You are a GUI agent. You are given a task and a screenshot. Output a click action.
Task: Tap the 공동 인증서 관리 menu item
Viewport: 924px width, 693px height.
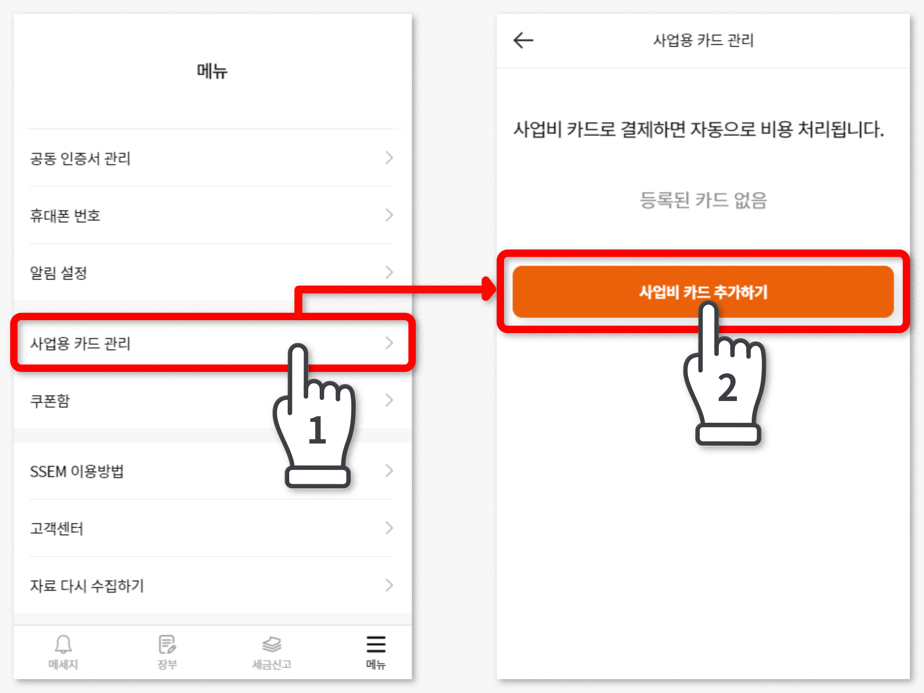pos(80,158)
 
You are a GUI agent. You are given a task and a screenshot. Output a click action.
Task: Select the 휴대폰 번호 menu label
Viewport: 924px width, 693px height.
pos(65,216)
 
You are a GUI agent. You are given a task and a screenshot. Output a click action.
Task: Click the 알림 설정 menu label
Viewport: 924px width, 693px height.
pos(59,273)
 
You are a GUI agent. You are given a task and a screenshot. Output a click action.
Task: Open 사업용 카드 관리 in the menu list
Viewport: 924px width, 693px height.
pos(80,343)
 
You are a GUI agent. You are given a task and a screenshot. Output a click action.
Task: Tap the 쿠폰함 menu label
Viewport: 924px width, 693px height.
pos(50,401)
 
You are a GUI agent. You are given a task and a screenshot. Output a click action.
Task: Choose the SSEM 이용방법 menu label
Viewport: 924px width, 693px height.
pos(77,471)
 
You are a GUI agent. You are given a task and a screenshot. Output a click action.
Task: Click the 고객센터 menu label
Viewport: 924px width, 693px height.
pos(57,529)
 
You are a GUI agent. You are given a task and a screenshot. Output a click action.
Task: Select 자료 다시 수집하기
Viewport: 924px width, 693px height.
pos(87,586)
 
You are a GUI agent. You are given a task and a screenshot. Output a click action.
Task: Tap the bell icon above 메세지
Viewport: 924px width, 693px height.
pos(63,644)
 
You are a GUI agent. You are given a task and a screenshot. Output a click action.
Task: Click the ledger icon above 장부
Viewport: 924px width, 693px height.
pos(167,644)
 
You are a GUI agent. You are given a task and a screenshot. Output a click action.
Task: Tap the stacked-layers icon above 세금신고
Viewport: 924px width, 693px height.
pos(272,644)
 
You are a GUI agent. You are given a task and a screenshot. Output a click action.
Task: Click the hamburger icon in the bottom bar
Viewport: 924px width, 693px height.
pos(376,644)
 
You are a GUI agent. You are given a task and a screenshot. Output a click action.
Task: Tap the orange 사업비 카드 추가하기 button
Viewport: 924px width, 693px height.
pos(703,292)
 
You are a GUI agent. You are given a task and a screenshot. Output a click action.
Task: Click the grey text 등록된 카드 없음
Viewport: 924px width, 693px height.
pos(703,200)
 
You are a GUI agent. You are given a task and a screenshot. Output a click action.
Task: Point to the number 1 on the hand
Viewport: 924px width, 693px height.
pos(317,430)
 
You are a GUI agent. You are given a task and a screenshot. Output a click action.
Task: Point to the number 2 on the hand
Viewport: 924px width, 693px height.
pos(728,387)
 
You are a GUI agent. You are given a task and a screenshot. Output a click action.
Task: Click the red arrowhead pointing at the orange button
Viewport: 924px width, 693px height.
pos(488,289)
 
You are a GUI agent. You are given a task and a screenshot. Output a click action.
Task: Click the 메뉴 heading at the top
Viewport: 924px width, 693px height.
pos(212,71)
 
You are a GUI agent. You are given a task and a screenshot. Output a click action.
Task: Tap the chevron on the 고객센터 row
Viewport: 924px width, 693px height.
pos(389,528)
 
